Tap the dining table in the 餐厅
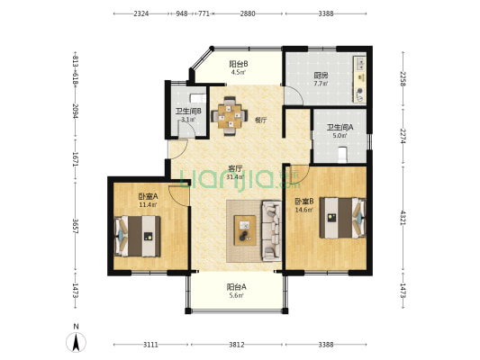pos(230,116)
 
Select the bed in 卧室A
pos(138,236)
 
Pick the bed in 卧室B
pos(342,218)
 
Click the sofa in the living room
pos(271,231)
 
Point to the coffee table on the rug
pos(245,230)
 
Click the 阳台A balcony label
pos(236,287)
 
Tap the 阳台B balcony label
pos(239,64)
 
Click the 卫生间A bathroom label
pos(340,127)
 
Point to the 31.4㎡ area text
pos(235,176)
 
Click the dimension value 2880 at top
pos(248,13)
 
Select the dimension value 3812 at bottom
pos(237,345)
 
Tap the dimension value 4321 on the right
pos(403,218)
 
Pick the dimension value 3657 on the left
pos(76,226)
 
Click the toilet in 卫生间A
pos(342,155)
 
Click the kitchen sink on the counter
pos(361,64)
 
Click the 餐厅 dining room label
pos(260,121)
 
